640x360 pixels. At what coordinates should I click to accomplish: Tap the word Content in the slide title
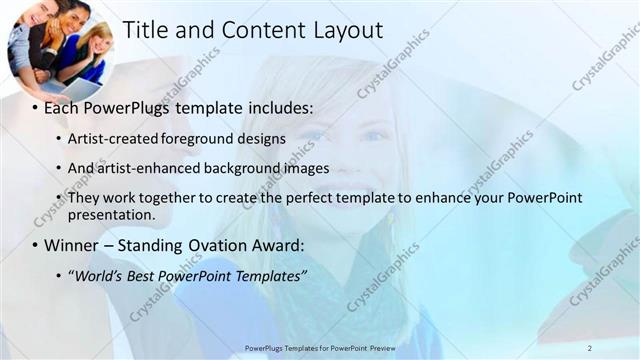255,30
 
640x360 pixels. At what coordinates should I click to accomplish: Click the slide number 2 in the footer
590,348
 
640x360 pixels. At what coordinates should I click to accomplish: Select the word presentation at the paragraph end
111,214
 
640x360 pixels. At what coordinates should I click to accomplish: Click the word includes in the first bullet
282,107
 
